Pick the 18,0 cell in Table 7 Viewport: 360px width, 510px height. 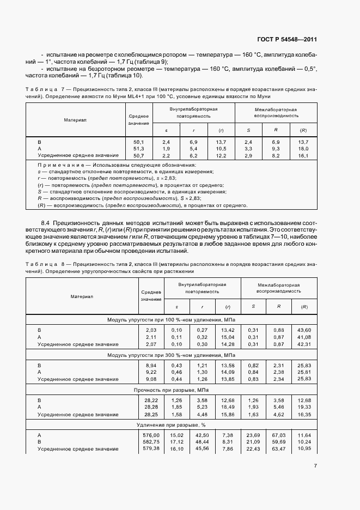303,149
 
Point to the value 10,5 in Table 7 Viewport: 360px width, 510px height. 221,149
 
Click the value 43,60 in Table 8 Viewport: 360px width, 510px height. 303,330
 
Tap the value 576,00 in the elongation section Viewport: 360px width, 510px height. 149,435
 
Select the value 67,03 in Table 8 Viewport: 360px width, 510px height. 278,435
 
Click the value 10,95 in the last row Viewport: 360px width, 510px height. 303,448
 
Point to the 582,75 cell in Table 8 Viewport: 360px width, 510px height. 149,442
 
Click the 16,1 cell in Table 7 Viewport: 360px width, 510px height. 303,156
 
